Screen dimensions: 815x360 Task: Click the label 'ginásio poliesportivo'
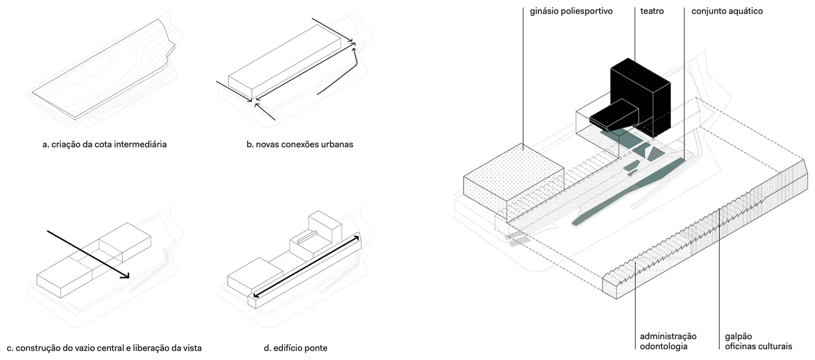tap(571, 11)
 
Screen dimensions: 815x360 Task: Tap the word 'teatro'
tap(651, 11)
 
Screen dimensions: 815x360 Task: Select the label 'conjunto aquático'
tap(727, 11)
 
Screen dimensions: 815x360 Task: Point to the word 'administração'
tap(668, 337)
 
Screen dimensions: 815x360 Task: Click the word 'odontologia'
tap(664, 347)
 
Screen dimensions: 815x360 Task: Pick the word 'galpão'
tap(738, 337)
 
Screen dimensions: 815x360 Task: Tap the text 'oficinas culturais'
tap(758, 347)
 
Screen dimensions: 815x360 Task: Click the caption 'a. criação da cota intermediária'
tap(104, 145)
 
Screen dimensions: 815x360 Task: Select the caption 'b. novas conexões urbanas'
tap(300, 145)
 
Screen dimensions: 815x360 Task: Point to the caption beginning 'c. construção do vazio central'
tap(104, 348)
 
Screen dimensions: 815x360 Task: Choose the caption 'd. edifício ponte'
tap(295, 348)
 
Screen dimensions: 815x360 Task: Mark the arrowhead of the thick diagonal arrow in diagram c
tap(125, 276)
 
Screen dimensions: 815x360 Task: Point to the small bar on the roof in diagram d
tap(307, 237)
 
